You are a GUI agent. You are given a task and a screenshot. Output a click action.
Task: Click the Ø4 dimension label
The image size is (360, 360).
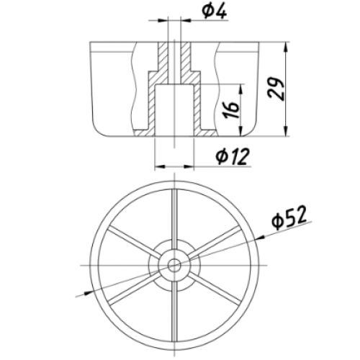click(214, 12)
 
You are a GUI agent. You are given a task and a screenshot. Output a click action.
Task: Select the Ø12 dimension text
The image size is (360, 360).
click(233, 156)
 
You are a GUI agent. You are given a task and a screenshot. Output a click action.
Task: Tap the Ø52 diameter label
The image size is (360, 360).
click(289, 217)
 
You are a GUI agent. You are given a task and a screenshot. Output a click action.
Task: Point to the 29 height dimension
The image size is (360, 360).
click(276, 89)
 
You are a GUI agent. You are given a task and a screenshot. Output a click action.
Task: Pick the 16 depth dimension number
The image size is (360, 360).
click(231, 109)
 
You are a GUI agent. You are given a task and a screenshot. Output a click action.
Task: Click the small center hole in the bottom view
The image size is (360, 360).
click(174, 265)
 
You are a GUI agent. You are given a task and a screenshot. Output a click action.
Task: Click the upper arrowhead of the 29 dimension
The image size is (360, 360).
click(286, 47)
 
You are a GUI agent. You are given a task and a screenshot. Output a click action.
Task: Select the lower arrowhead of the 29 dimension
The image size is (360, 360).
click(286, 132)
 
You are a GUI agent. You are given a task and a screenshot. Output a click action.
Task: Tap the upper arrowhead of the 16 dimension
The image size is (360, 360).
click(241, 89)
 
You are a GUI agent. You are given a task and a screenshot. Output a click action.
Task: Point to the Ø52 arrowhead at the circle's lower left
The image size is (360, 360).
click(88, 292)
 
